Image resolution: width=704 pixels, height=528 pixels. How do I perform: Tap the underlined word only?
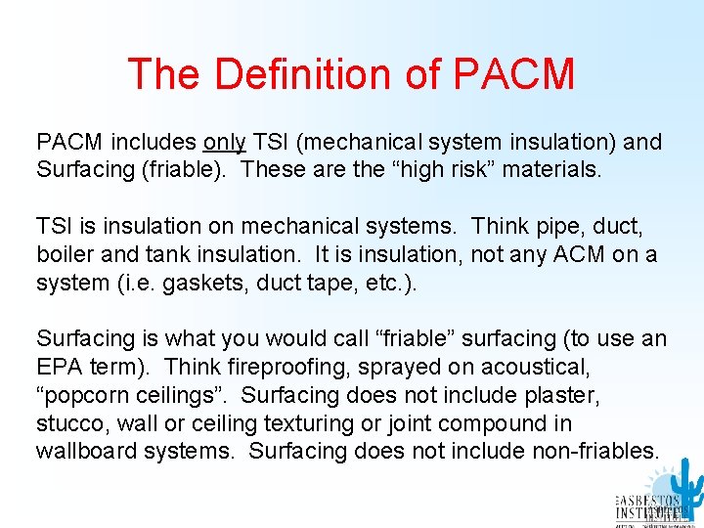point(225,142)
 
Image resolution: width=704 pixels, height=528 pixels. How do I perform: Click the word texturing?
point(305,423)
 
